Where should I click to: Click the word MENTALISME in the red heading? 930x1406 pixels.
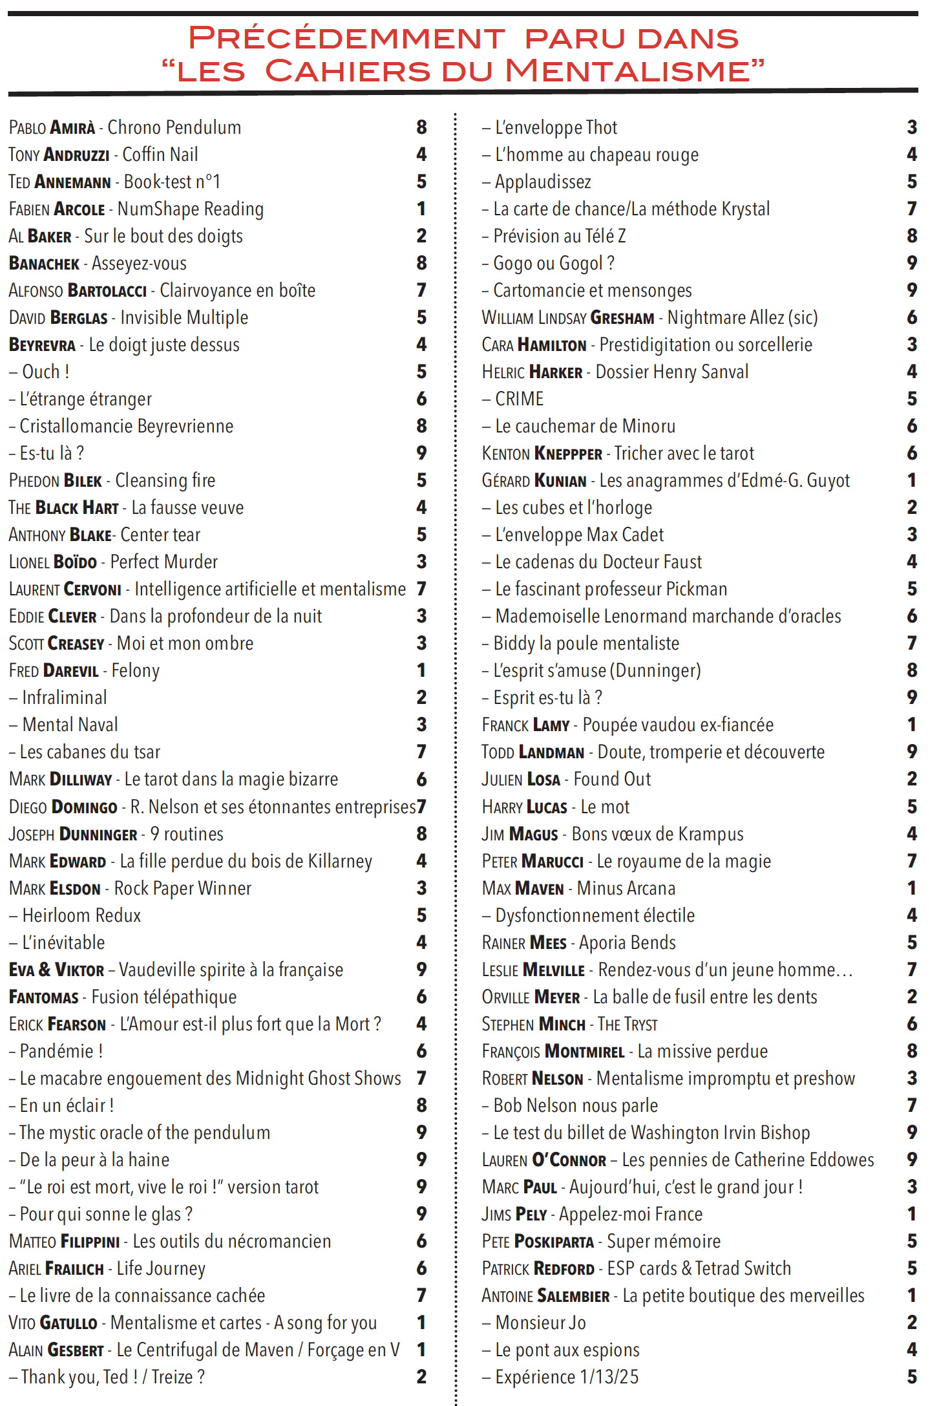[x=635, y=71]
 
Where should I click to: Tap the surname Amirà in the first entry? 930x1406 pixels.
[x=73, y=128]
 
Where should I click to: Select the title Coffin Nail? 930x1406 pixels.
[x=160, y=155]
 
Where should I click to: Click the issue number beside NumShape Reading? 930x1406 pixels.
[x=421, y=209]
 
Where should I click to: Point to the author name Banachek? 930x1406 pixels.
[x=44, y=264]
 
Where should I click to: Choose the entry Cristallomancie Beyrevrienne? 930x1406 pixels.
[x=126, y=427]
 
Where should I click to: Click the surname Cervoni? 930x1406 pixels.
[x=92, y=590]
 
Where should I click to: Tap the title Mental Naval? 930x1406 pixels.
[x=70, y=725]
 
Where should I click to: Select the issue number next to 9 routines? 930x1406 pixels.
[x=421, y=834]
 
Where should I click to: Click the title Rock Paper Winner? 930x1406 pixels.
[x=182, y=889]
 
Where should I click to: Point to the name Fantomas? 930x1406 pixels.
[x=44, y=997]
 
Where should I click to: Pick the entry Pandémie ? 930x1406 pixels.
[x=61, y=1052]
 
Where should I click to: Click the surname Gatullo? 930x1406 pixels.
[x=69, y=1323]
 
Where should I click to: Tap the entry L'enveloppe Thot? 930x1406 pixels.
[x=556, y=128]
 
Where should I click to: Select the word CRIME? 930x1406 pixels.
[x=519, y=399]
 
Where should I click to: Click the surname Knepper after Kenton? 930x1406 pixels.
[x=569, y=454]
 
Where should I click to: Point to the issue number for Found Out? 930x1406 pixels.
[x=911, y=779]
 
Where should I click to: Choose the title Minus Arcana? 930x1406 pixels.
[x=626, y=889]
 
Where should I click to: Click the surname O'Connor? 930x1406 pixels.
[x=569, y=1160]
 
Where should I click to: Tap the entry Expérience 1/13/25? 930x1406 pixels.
[x=567, y=1378]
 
